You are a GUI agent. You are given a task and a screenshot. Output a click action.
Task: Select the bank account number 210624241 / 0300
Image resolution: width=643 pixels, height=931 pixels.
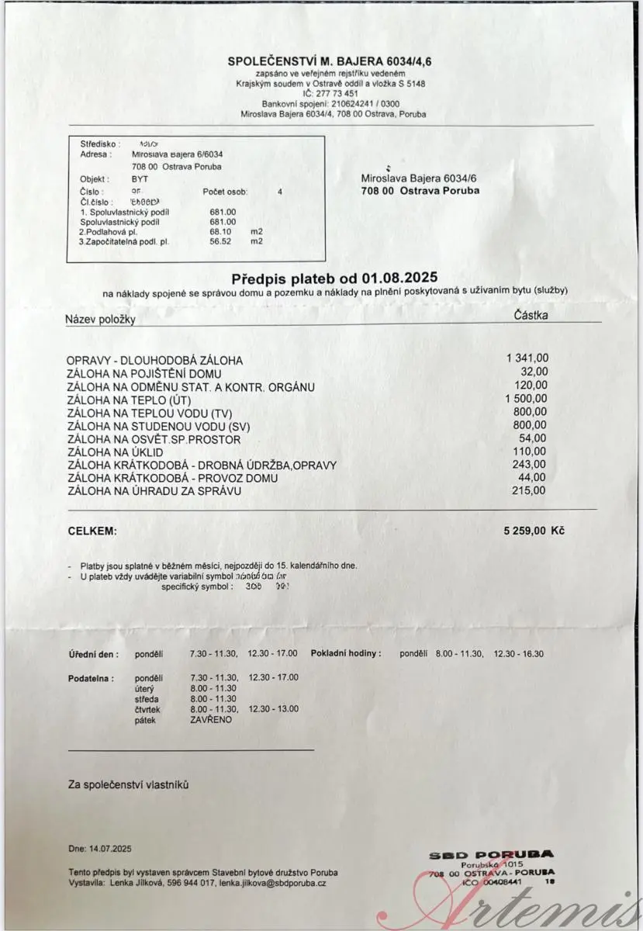point(354,103)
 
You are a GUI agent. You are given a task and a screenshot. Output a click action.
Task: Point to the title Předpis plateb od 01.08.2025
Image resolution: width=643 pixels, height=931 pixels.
point(334,278)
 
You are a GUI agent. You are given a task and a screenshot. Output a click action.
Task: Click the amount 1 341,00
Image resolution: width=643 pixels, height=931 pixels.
point(527,358)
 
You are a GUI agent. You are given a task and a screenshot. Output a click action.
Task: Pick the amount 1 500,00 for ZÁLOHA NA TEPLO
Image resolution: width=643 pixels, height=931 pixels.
point(527,398)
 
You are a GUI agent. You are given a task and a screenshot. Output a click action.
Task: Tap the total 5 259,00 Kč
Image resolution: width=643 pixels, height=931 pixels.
point(534,531)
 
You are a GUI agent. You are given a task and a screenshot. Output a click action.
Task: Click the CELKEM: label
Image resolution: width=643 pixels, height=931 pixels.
point(92,531)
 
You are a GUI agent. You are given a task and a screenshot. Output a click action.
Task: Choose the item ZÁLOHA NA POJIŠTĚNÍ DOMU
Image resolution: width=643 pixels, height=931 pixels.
point(144,373)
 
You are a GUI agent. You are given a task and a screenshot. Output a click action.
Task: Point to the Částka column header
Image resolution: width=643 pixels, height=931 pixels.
point(531,315)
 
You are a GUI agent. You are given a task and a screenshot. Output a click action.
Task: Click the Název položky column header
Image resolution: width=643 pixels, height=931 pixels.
point(101,320)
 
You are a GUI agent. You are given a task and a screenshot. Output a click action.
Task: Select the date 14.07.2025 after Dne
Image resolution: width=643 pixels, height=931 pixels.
point(111,849)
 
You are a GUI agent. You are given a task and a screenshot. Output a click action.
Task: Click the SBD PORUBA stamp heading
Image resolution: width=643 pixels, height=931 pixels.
point(492,855)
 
